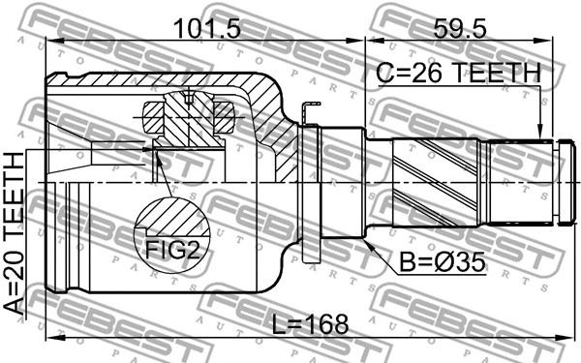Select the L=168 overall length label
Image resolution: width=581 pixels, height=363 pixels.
pos(310,323)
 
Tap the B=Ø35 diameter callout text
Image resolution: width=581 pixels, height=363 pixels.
pos(443,262)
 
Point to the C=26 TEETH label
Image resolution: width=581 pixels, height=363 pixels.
pos(459,73)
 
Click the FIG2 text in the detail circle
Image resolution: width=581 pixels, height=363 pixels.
pos(172,250)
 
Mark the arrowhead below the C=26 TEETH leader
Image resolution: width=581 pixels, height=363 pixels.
pos(540,133)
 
